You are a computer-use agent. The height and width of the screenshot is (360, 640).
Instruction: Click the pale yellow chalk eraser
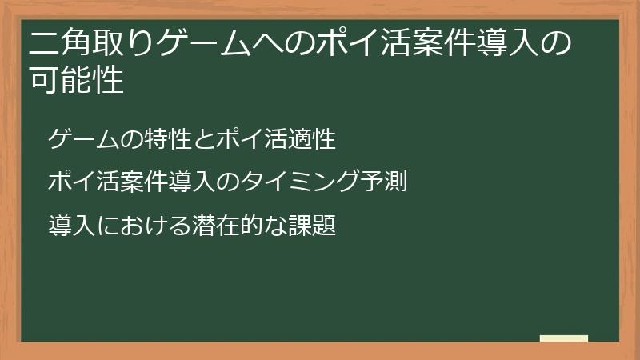[564, 338]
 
